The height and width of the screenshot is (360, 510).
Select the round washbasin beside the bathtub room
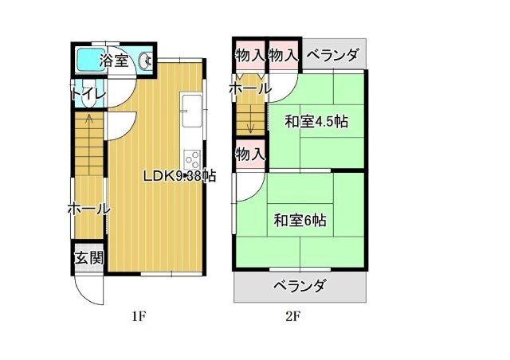(x=146, y=61)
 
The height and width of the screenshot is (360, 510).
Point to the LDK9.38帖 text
(x=178, y=176)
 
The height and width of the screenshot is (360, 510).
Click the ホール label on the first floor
(x=88, y=209)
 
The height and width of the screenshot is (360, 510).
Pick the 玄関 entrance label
(x=88, y=258)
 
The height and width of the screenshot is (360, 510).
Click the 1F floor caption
(x=139, y=315)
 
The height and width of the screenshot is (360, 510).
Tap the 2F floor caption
(x=292, y=315)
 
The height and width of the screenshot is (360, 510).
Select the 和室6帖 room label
(x=300, y=220)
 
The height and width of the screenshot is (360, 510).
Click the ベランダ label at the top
(x=332, y=55)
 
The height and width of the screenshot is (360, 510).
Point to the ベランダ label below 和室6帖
(x=300, y=286)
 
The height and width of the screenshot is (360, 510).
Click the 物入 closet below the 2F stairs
(x=249, y=153)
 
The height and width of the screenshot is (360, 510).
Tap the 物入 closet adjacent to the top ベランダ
(x=283, y=55)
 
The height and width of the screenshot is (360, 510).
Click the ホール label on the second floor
(x=249, y=88)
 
